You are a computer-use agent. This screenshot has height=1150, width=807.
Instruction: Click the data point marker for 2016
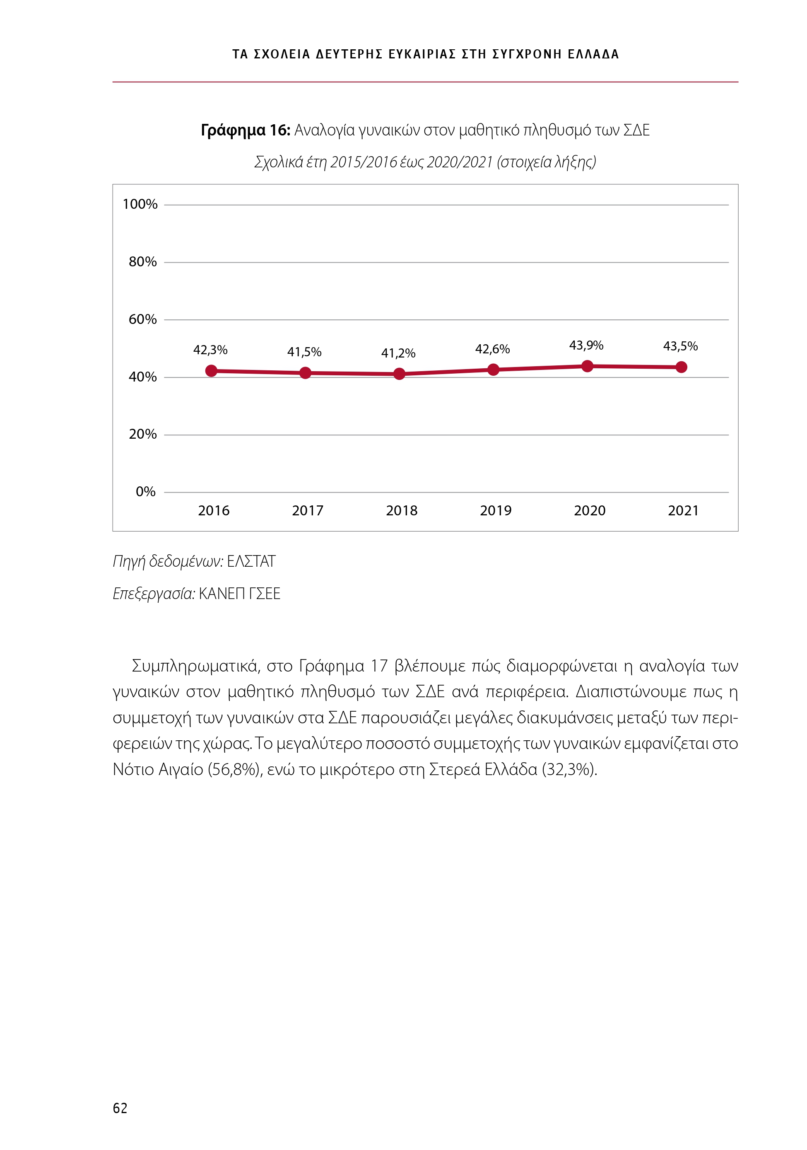pos(211,371)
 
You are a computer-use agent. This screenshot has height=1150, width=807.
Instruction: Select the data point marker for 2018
pos(399,374)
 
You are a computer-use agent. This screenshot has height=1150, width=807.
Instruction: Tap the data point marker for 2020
pos(587,366)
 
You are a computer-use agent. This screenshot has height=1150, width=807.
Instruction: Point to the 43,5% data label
pos(680,346)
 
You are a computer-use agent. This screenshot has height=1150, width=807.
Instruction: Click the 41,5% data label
pos(304,352)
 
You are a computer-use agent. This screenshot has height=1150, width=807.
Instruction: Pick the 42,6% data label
pos(492,349)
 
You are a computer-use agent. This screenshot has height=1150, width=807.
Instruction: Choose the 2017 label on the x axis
pos(307,511)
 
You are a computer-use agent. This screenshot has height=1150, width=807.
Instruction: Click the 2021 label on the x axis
pos(683,511)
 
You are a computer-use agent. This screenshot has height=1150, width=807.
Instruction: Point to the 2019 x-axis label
pos(496,511)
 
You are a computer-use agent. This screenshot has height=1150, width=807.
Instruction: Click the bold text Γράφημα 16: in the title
pos(245,130)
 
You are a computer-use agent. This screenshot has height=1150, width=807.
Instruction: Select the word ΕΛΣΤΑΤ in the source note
pos(251,561)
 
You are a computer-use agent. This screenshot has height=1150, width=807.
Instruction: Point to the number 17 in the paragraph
pos(379,666)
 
